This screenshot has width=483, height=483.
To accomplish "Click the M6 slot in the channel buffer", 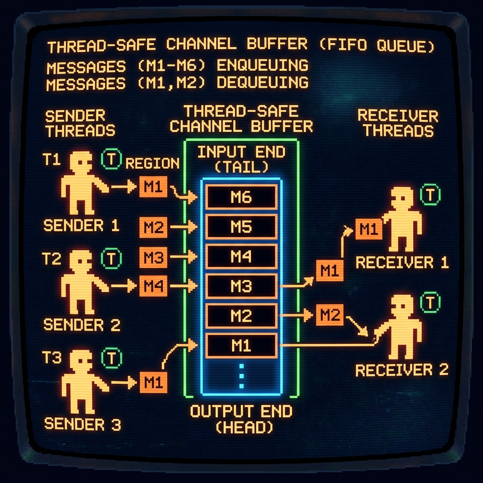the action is tap(241, 197).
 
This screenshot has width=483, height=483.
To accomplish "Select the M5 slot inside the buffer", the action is tap(241, 227).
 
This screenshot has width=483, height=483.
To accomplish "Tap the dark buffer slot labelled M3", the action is tap(241, 286).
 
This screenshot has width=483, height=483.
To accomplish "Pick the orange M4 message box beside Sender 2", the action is tap(153, 286).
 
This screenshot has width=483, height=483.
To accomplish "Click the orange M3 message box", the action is tap(153, 257).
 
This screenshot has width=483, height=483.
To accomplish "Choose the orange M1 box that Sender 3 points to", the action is tap(153, 382).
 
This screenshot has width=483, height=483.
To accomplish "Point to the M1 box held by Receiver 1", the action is tap(369, 229).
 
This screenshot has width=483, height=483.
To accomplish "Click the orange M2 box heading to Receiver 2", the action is tap(330, 315).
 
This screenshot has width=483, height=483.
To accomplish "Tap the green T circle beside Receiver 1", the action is tap(430, 194).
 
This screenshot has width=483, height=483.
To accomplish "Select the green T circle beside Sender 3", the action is tap(111, 358).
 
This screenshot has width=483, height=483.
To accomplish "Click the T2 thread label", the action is tap(51, 259).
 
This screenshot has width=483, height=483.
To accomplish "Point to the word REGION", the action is tap(152, 163).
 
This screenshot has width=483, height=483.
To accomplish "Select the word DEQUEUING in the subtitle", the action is tap(262, 83).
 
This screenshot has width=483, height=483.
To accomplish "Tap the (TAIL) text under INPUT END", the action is tap(241, 167).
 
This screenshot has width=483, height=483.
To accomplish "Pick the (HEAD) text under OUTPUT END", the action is tap(244, 427).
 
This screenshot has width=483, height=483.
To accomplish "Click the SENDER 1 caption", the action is tap(81, 225).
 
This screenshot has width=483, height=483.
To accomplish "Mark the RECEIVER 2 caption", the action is tap(402, 370).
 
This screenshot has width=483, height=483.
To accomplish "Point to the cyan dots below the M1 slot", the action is tap(241, 376).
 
